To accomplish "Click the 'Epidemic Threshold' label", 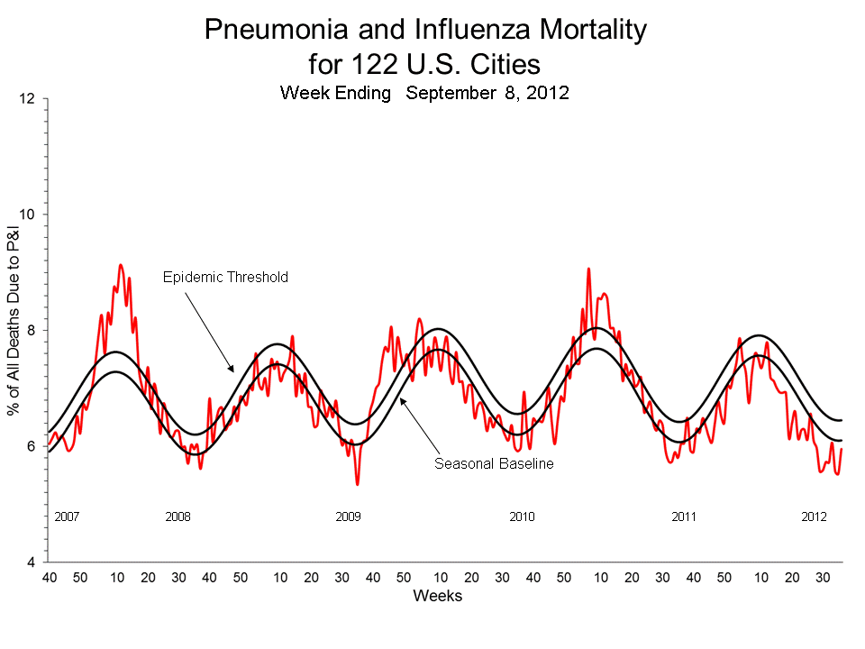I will point(225,277).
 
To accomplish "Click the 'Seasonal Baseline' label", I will point(493,464).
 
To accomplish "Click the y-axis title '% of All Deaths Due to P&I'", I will point(14,331).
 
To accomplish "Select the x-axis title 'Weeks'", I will point(437,597).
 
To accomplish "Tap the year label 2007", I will point(68,517).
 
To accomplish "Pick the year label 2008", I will point(178,517).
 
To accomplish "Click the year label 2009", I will point(349,517).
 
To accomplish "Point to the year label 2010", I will point(522,517).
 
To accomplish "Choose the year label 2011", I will point(685,517).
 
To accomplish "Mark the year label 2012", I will point(815,517).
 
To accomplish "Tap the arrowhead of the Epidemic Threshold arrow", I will point(232,370).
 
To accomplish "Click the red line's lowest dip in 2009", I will point(358,484).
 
